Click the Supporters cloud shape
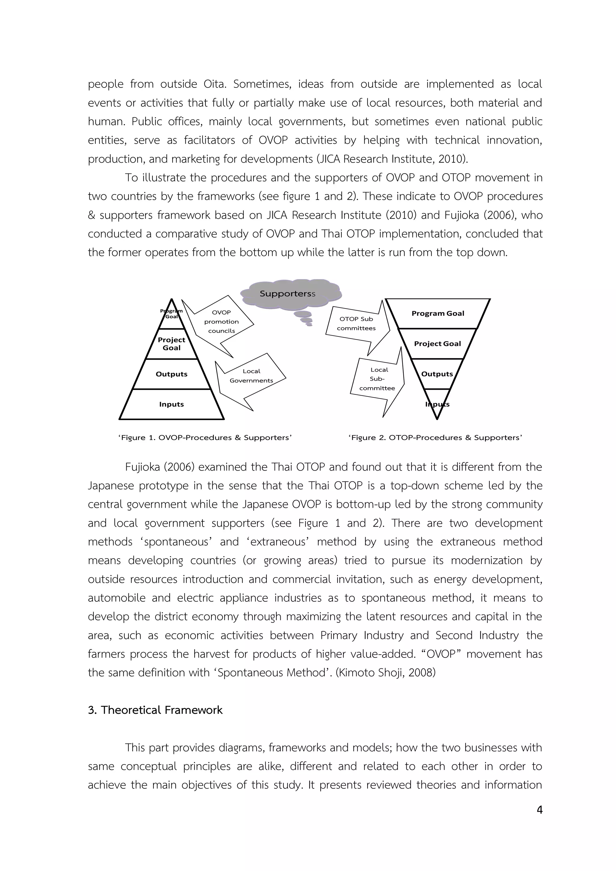pos(290,293)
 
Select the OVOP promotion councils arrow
pos(221,322)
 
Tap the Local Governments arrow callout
pos(251,376)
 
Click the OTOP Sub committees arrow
pos(356,324)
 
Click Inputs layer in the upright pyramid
pos(171,404)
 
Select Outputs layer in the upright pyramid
pos(171,374)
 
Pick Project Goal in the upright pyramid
pos(171,344)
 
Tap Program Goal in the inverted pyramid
pos(438,313)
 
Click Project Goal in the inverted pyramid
pos(437,344)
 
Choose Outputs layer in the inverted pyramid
pos(437,374)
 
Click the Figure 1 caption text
pos(205,438)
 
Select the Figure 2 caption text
pos(435,438)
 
